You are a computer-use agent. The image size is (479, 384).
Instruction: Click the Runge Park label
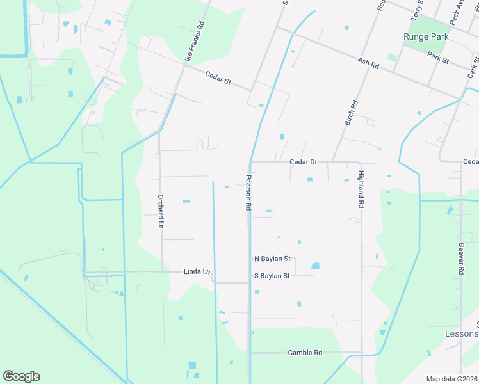click(x=425, y=36)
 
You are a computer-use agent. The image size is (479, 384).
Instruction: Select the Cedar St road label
click(x=218, y=80)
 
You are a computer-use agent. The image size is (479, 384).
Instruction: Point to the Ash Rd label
click(x=368, y=62)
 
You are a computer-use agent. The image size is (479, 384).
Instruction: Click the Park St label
click(x=438, y=56)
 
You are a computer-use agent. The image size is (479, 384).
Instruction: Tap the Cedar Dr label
click(x=303, y=162)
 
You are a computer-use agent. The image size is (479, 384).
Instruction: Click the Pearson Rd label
click(x=248, y=193)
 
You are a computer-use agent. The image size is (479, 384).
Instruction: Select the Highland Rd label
click(x=361, y=189)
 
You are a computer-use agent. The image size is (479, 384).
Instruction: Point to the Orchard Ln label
click(x=160, y=211)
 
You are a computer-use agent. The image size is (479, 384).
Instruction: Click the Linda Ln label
click(x=197, y=271)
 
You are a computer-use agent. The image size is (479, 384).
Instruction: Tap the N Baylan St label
click(x=273, y=259)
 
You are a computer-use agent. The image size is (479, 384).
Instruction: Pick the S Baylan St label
click(x=273, y=276)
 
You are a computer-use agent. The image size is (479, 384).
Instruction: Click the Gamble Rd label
click(x=305, y=353)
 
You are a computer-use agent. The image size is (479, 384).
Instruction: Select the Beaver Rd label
click(x=460, y=259)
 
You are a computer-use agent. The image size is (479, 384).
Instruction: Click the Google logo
click(x=21, y=376)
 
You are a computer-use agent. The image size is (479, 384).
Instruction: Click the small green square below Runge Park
click(x=392, y=57)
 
